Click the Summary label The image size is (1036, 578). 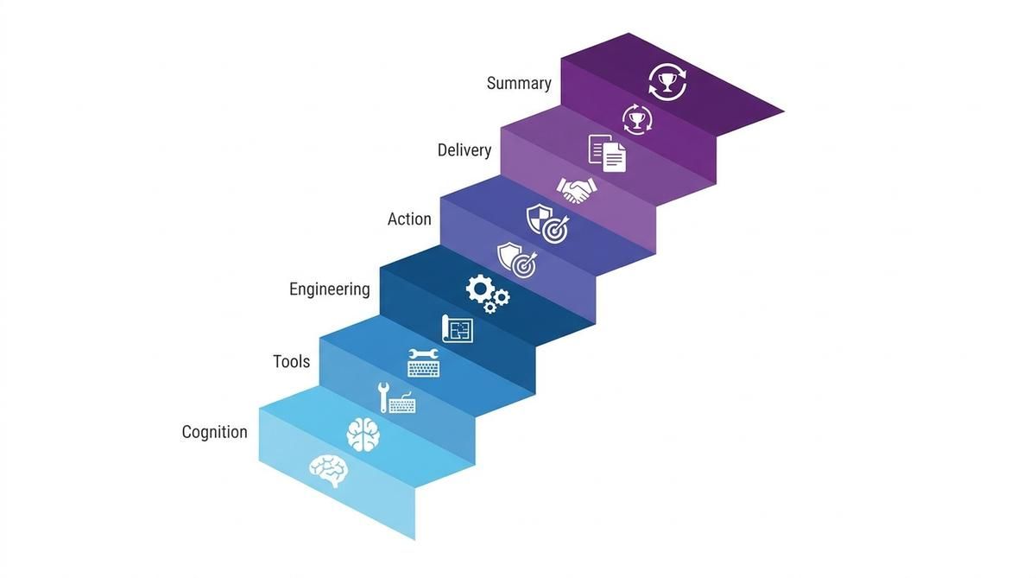pyautogui.click(x=519, y=83)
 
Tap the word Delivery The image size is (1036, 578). pyautogui.click(x=464, y=150)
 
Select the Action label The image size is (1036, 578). pyautogui.click(x=409, y=219)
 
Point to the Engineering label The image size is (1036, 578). pyautogui.click(x=330, y=289)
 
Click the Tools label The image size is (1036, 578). pyautogui.click(x=292, y=361)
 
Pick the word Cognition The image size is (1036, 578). pyautogui.click(x=215, y=432)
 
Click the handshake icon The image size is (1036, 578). pyautogui.click(x=577, y=190)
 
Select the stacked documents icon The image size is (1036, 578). pyautogui.click(x=607, y=153)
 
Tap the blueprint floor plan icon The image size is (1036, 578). pyautogui.click(x=458, y=329)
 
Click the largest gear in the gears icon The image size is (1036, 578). pyautogui.click(x=480, y=289)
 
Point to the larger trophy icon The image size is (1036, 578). pyautogui.click(x=666, y=82)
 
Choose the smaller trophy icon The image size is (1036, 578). pyautogui.click(x=637, y=120)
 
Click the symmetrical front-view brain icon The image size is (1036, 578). pyautogui.click(x=363, y=435)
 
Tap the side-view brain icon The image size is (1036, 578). pyautogui.click(x=329, y=470)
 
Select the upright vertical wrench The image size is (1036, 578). pyautogui.click(x=383, y=397)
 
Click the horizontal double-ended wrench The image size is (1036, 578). pyautogui.click(x=423, y=354)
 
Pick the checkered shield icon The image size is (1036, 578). pyautogui.click(x=539, y=218)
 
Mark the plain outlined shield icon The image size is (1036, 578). pyautogui.click(x=509, y=256)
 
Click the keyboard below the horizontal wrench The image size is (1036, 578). pyautogui.click(x=424, y=369)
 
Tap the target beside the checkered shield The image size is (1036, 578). pyautogui.click(x=555, y=231)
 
